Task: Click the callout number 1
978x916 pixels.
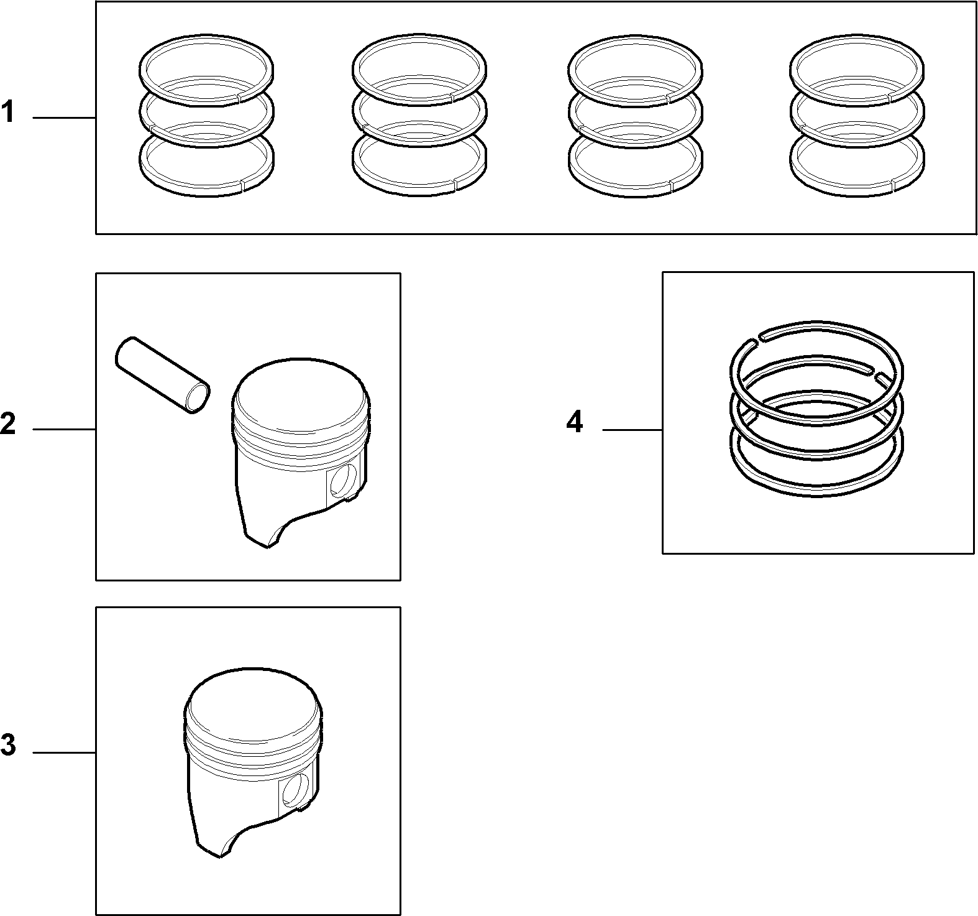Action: tap(7, 114)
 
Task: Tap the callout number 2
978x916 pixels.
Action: tap(8, 424)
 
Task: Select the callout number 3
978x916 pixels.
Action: tap(8, 745)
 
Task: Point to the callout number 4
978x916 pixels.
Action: tap(575, 423)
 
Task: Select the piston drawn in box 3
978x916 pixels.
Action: tap(254, 762)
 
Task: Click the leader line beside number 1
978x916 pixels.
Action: tap(64, 118)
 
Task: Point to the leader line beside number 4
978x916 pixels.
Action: tap(632, 430)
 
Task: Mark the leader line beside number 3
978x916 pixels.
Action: tap(64, 753)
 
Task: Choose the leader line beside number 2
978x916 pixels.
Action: tap(64, 429)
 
